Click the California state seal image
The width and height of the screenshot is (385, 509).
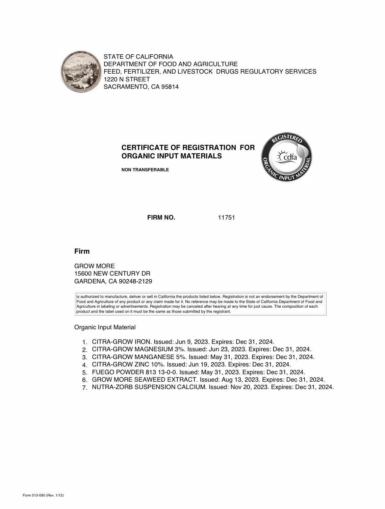pos(81,72)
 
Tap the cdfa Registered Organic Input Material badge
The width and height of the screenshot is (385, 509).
pos(287,157)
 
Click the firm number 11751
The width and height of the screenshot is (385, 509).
pos(226,218)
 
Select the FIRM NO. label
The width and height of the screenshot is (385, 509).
pos(161,218)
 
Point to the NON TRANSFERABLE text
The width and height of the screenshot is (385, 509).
pos(145,170)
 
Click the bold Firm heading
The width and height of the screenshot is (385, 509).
pos(82,251)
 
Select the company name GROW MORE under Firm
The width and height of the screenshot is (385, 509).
pos(95,266)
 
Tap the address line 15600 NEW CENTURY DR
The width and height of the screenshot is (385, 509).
pos(112,274)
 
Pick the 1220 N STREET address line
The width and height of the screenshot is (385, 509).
pos(127,79)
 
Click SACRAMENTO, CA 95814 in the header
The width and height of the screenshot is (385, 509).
pos(141,87)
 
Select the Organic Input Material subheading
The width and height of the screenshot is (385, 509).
pos(105,327)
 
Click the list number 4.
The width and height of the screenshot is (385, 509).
pos(85,365)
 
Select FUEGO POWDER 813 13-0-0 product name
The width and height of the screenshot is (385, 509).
pos(134,372)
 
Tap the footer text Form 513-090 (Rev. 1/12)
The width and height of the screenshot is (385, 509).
pos(43,495)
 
